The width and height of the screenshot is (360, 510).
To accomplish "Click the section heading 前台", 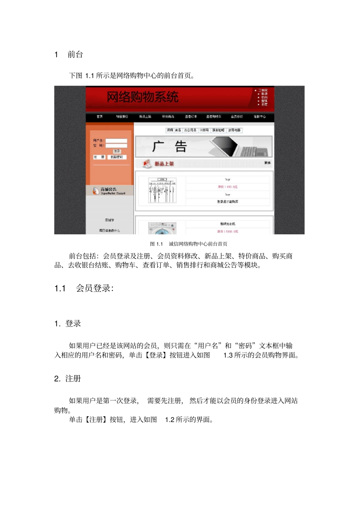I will (x=75, y=55).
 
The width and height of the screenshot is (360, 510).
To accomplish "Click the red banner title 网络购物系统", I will (x=142, y=97).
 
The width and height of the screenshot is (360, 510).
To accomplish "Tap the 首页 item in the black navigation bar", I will (x=100, y=117).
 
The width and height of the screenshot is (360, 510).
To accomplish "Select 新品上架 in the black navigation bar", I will (x=145, y=117).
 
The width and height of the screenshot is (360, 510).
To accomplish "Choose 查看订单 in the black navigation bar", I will (x=191, y=117).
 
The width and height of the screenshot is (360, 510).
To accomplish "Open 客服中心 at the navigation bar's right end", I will (x=260, y=117).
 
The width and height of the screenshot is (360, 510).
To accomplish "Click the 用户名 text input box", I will (x=116, y=141).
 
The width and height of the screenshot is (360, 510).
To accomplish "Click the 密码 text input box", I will (x=116, y=146).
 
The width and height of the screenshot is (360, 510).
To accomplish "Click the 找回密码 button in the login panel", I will (x=117, y=157).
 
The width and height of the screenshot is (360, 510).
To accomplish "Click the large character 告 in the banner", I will (x=181, y=146).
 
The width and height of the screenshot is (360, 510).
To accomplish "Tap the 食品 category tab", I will (x=178, y=130).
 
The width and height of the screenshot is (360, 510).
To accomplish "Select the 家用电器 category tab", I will (x=234, y=130).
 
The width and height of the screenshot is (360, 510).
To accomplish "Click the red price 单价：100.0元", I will (x=228, y=187).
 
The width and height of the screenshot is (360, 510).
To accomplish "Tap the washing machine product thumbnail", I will (x=162, y=228).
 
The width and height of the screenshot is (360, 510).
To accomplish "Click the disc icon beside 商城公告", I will (x=95, y=191).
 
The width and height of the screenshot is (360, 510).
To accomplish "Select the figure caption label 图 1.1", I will (x=156, y=244).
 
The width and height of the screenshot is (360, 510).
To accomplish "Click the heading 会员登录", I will (x=94, y=289).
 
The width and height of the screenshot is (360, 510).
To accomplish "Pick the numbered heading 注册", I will (x=73, y=379).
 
